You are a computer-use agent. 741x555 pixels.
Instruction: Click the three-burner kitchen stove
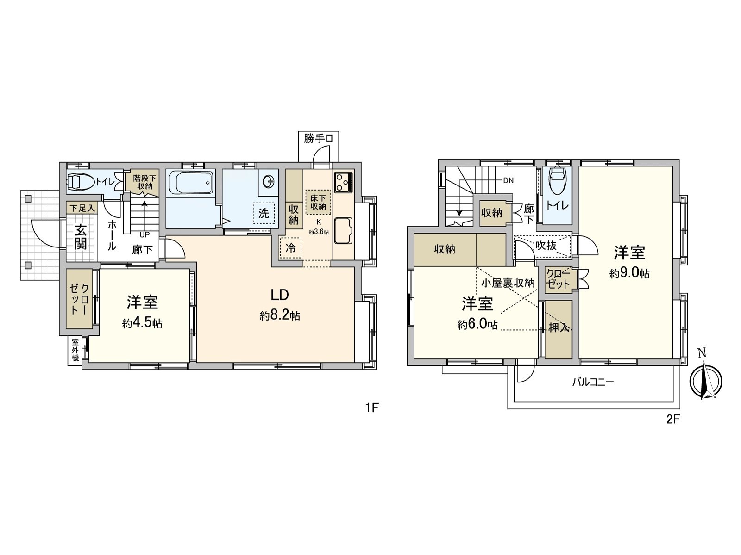(x=343, y=182)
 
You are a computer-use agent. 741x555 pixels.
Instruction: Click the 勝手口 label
(x=318, y=138)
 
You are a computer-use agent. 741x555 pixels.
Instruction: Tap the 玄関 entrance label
(x=81, y=237)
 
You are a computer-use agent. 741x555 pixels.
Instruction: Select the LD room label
(x=280, y=295)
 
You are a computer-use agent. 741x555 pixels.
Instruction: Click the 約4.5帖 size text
(x=142, y=323)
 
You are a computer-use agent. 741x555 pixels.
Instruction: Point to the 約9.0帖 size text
(x=629, y=273)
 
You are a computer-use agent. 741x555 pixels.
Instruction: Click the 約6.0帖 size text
(x=477, y=325)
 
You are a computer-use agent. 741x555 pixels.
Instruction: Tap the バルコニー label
(x=593, y=382)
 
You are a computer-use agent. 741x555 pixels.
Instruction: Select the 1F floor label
(x=372, y=407)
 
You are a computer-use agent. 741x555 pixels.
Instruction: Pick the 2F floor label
(x=672, y=419)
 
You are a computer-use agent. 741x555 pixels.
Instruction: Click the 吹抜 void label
(x=546, y=246)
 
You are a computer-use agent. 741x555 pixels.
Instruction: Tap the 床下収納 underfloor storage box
(x=318, y=202)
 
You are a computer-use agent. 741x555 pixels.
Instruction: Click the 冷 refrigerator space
(x=290, y=248)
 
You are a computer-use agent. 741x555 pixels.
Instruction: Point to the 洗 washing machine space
(x=264, y=213)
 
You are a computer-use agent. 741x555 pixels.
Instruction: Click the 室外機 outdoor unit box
(x=75, y=351)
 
